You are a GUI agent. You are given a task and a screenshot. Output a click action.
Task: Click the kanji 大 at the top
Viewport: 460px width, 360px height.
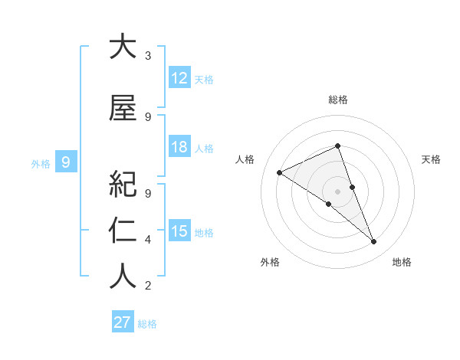123,47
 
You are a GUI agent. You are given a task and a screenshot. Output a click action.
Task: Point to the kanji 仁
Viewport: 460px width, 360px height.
123,231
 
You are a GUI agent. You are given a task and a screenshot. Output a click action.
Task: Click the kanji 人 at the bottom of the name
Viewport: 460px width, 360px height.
123,277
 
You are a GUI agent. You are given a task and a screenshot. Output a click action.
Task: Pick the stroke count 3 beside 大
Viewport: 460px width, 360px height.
148,56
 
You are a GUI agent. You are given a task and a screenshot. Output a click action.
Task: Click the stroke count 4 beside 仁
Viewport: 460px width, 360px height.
148,240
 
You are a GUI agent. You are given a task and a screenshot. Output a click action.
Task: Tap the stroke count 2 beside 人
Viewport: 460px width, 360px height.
148,286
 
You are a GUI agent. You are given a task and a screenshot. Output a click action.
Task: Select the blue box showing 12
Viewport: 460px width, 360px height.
179,78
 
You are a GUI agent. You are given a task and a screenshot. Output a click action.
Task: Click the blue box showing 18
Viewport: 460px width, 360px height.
179,147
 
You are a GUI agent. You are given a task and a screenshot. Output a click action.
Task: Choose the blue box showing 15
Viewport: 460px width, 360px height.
179,231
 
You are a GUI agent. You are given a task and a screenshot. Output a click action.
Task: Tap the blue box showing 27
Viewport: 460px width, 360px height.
122,322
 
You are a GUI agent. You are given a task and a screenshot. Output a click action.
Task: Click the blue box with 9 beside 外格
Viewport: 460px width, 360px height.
67,162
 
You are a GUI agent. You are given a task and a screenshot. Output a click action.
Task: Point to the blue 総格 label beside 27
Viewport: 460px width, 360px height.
147,324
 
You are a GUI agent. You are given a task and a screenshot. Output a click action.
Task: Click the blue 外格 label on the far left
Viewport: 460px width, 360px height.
41,163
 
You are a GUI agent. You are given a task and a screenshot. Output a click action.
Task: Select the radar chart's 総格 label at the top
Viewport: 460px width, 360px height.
338,100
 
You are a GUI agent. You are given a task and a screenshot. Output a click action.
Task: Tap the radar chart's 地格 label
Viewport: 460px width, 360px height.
402,262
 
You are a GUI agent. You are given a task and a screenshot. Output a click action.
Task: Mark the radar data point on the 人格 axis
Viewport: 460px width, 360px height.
280,172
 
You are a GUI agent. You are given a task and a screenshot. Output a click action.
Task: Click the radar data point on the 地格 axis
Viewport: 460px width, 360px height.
374,242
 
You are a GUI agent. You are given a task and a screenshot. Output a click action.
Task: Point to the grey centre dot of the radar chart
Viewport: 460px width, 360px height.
337,191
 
